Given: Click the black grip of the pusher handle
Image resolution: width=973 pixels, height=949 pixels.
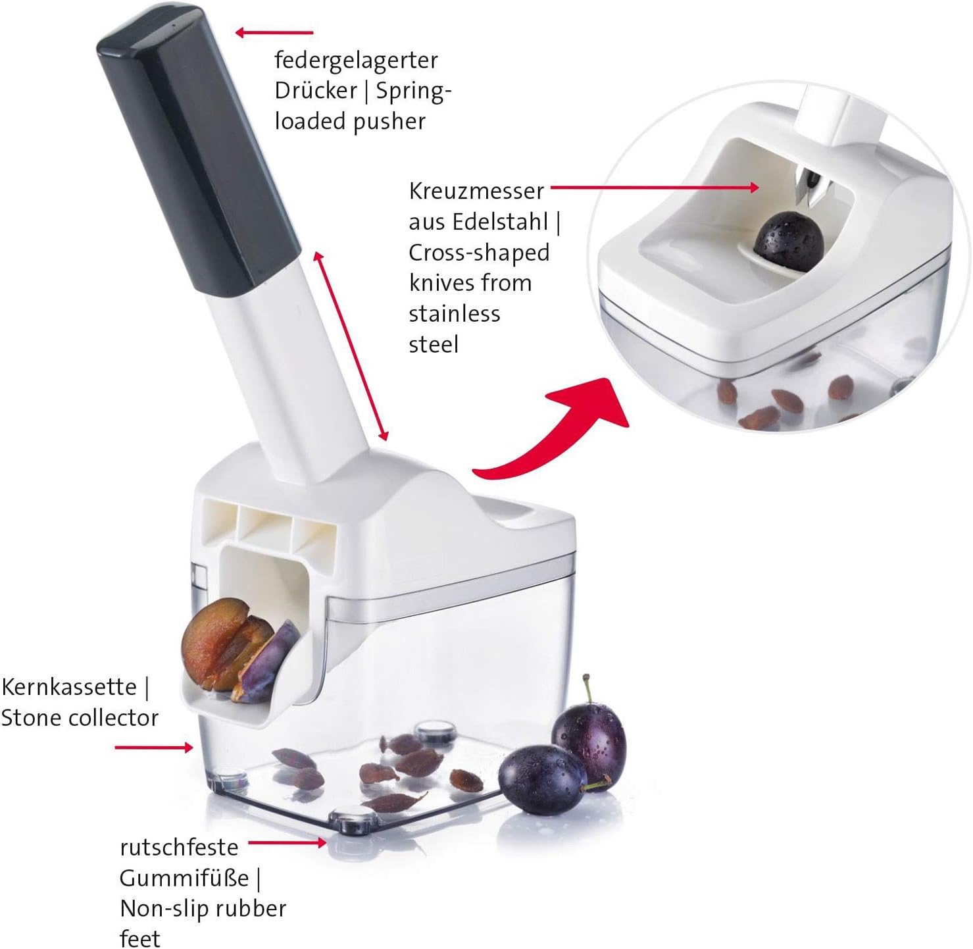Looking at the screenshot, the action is pyautogui.click(x=197, y=150).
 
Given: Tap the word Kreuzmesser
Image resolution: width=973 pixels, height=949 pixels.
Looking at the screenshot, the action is pyautogui.click(x=476, y=191).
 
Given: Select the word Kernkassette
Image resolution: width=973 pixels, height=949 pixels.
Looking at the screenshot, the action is pyautogui.click(x=69, y=687).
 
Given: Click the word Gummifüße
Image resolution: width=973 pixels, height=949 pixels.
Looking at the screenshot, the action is pyautogui.click(x=184, y=878).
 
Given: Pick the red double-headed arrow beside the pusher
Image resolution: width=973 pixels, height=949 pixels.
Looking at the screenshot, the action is pyautogui.click(x=351, y=346).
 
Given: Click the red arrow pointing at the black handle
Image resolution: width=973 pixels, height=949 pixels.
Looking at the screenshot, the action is pyautogui.click(x=274, y=33).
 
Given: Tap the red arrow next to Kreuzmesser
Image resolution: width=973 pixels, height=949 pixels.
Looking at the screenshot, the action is pyautogui.click(x=655, y=188).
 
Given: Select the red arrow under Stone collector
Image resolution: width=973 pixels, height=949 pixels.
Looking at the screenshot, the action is pyautogui.click(x=154, y=748).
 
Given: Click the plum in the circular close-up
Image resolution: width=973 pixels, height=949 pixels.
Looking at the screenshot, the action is pyautogui.click(x=789, y=241).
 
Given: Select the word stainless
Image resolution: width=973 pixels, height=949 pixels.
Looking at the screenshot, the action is pyautogui.click(x=455, y=314).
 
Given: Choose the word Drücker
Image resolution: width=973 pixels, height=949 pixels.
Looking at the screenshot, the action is pyautogui.click(x=316, y=91).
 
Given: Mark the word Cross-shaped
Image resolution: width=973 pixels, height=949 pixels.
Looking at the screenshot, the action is pyautogui.click(x=479, y=253).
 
